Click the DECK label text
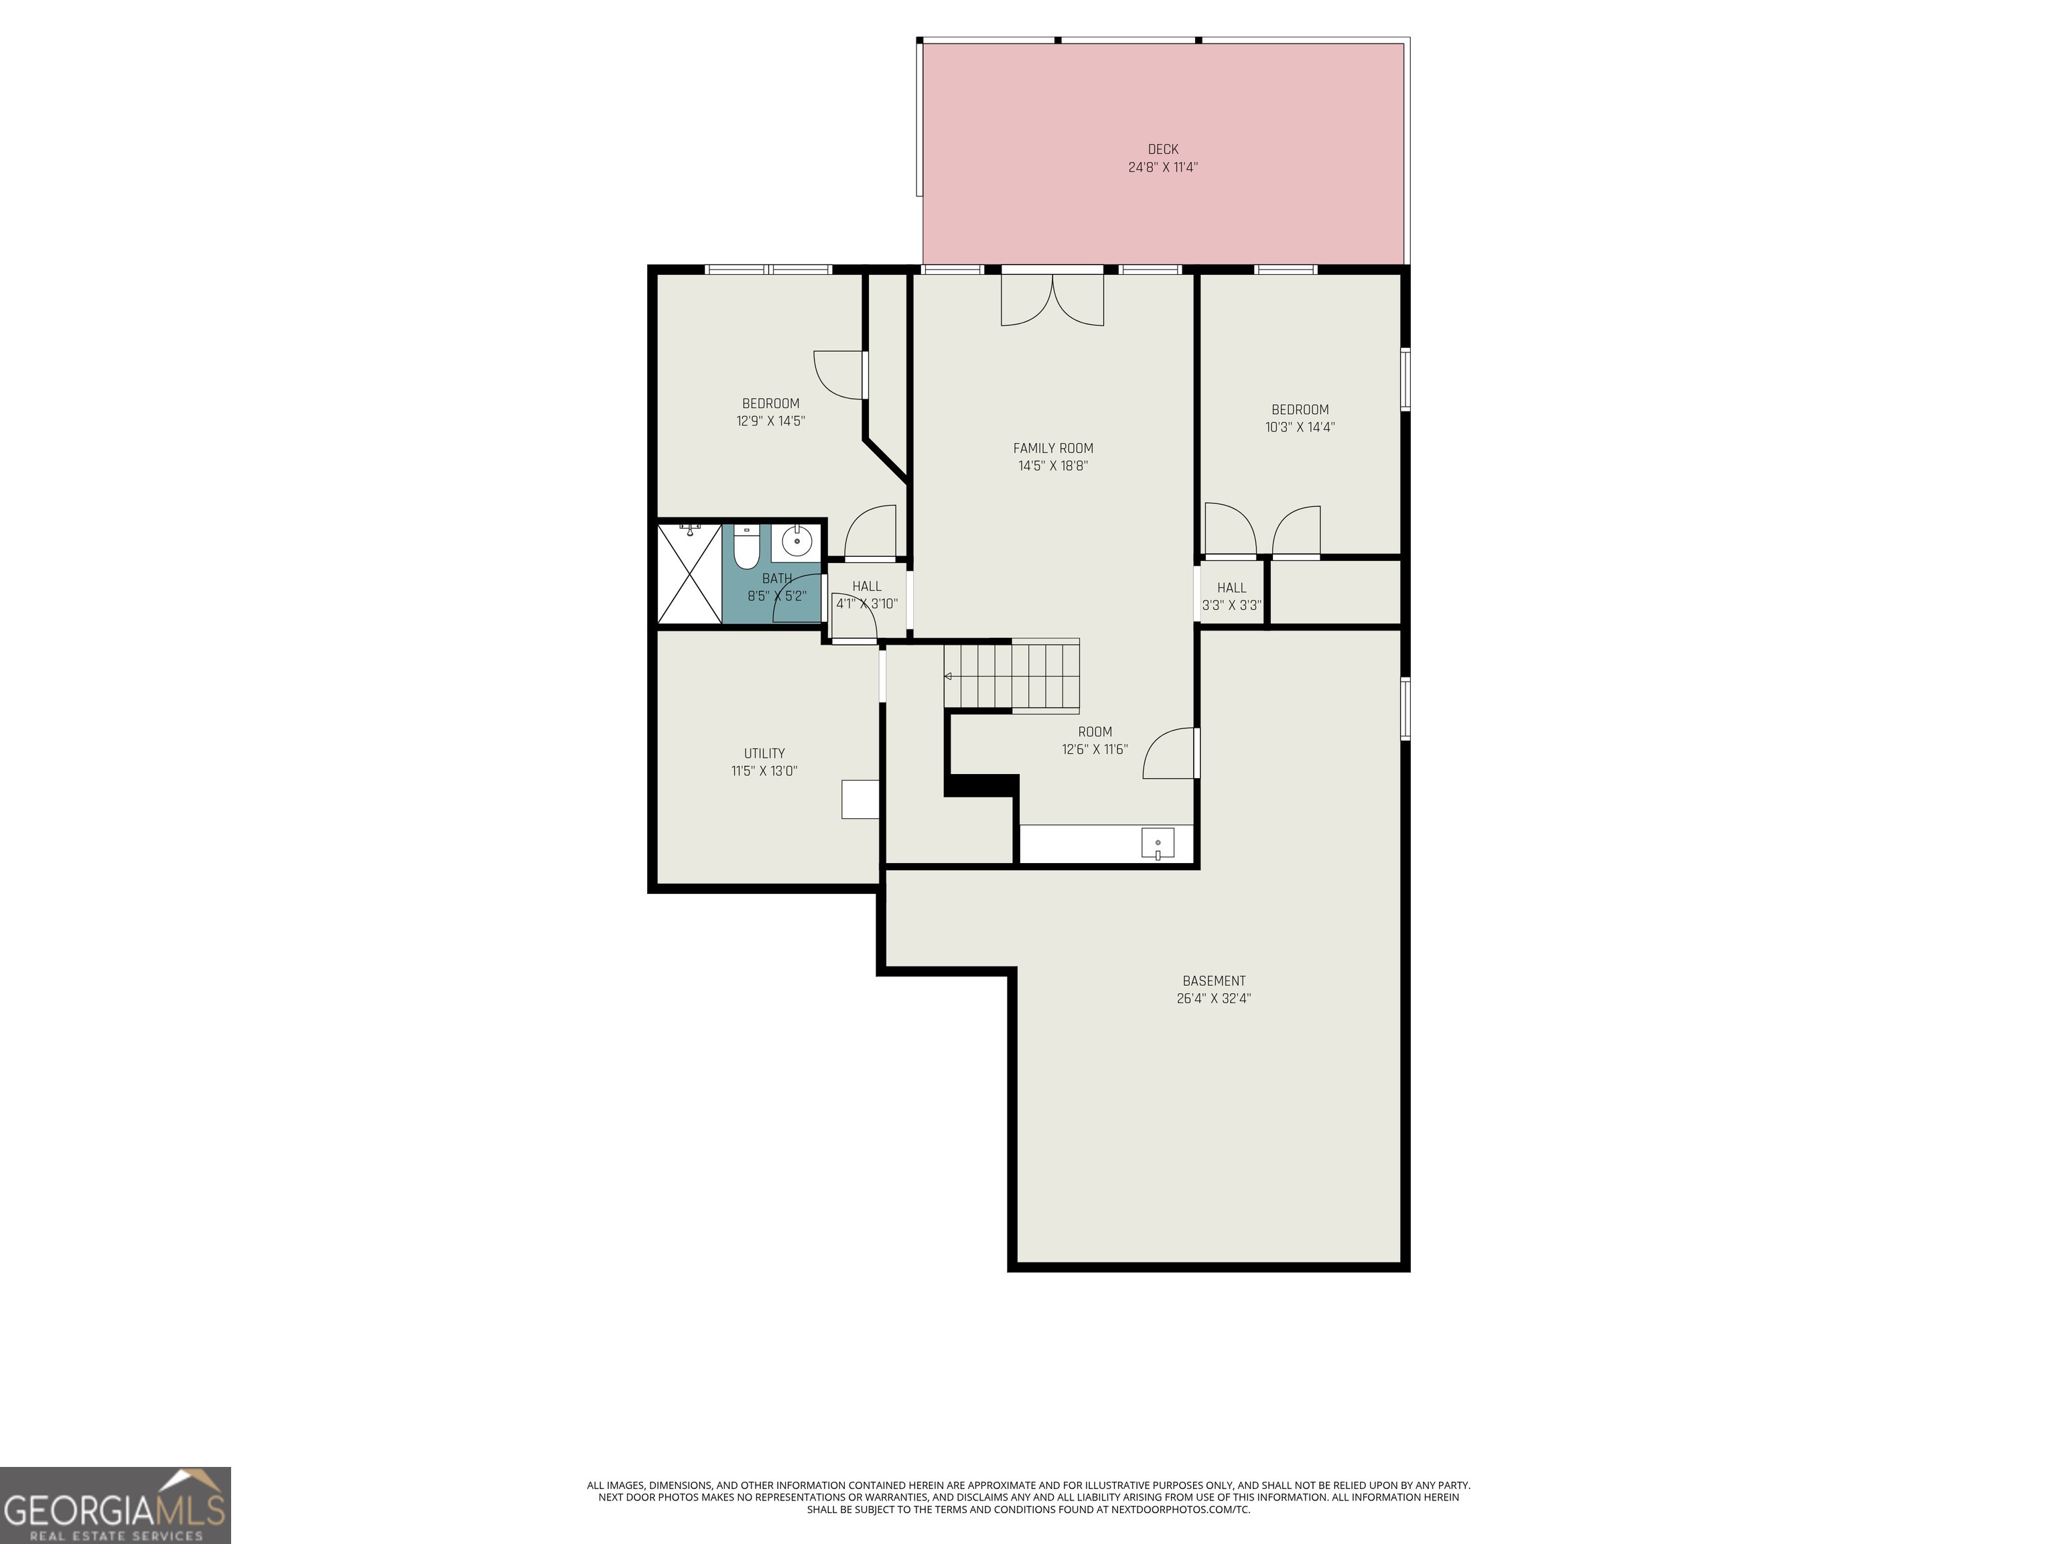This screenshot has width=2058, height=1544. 1162,149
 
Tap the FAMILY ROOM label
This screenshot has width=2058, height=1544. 1052,448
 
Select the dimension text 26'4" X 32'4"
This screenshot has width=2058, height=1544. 1213,999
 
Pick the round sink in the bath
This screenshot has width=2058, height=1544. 795,539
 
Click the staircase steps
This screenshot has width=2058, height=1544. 1014,675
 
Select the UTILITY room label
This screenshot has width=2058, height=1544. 764,753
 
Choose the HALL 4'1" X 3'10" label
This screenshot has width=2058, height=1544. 866,594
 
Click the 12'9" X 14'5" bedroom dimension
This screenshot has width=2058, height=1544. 770,421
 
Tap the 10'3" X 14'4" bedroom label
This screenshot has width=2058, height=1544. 1300,418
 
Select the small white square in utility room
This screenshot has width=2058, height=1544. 860,799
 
